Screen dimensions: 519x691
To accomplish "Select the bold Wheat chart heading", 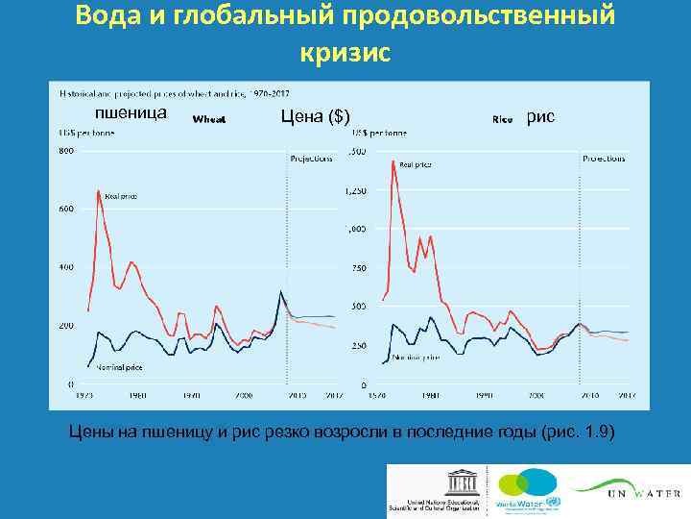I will pos(209,120).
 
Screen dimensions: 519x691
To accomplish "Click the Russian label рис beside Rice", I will pos(540,116).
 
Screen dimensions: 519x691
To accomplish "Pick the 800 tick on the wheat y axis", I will pos(66,151).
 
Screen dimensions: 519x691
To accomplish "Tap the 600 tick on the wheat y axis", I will pos(66,210).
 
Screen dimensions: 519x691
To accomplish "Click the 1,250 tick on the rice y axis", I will pos(354,191).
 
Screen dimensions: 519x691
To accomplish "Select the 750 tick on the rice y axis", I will pos(357,268).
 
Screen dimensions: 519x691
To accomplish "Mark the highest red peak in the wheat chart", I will pos(99,191).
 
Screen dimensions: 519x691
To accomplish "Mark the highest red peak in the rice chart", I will pos(393,161).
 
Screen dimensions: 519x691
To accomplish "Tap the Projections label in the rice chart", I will pos(604,157).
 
